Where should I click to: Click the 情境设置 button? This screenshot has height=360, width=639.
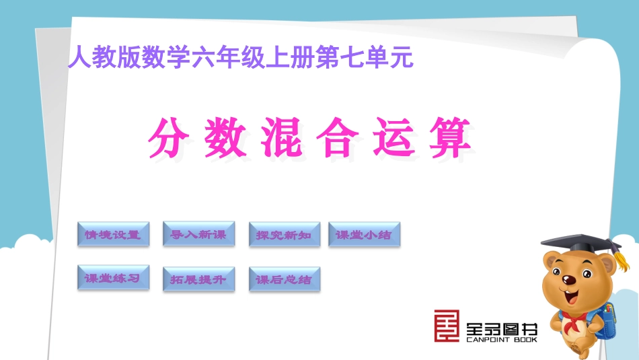[x=113, y=235]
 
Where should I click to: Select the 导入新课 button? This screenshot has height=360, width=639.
[x=198, y=233]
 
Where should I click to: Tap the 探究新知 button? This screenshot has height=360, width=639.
[x=284, y=236]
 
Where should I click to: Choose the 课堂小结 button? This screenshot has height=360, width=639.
[x=363, y=235]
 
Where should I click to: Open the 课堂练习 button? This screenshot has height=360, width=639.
[x=113, y=277]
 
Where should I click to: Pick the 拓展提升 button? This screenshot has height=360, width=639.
[x=198, y=279]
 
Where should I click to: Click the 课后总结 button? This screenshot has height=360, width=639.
[x=284, y=279]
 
